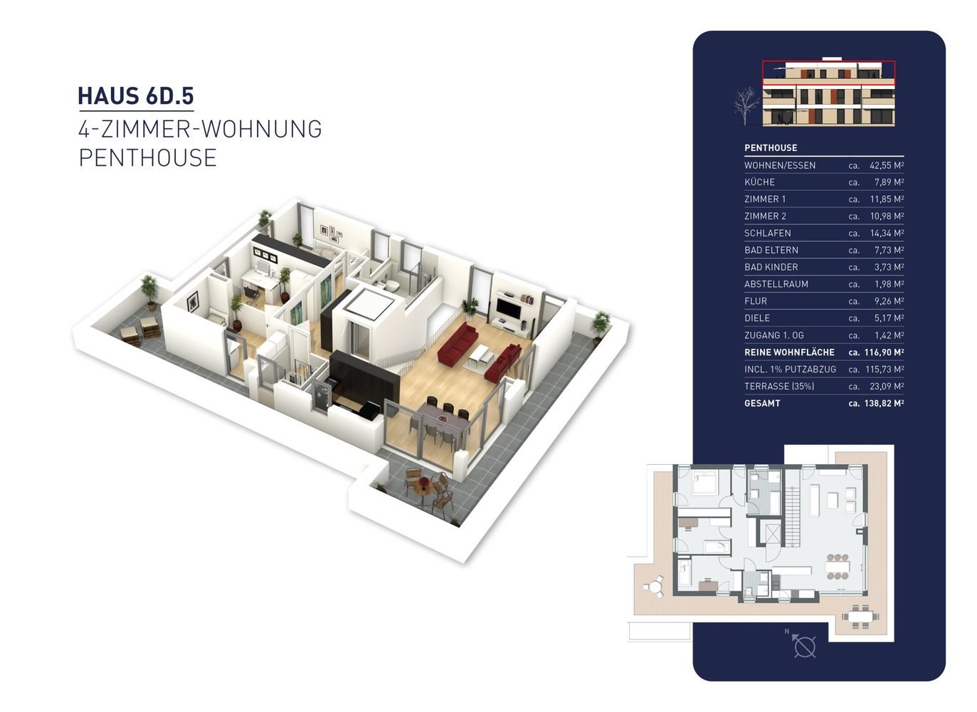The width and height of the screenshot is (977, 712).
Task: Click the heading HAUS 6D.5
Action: click(136, 96)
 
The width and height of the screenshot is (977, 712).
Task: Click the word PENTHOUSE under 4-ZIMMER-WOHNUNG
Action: click(147, 157)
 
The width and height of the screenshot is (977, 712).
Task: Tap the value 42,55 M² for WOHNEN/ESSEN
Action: click(887, 165)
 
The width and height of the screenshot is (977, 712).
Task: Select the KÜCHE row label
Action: click(759, 182)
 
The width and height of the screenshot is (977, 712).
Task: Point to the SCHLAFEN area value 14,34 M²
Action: click(887, 233)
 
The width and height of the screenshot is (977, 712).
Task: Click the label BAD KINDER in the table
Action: click(771, 267)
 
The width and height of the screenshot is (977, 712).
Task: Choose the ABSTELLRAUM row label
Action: click(776, 284)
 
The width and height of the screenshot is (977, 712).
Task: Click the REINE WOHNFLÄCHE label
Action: click(789, 352)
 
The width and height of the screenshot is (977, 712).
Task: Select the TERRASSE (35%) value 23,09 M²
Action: click(887, 387)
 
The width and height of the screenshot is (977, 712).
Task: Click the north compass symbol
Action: click(803, 646)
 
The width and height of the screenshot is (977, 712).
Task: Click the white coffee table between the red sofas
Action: click(482, 354)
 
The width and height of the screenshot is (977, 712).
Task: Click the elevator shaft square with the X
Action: click(773, 533)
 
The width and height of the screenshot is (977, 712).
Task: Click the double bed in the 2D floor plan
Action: click(705, 482)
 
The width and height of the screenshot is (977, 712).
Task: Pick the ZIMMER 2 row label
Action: click(765, 216)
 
